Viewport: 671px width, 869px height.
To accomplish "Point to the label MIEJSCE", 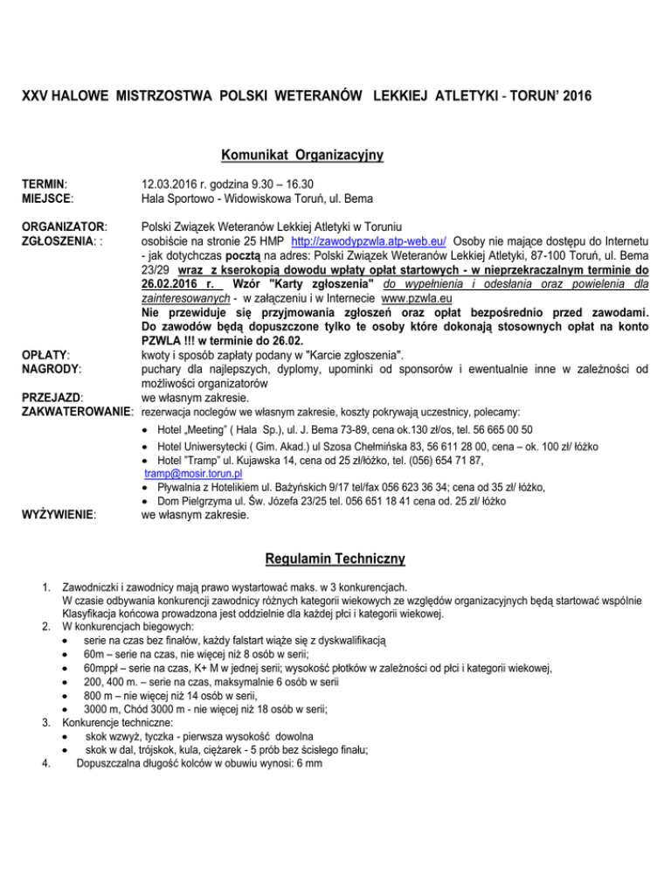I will [x=45, y=198].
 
